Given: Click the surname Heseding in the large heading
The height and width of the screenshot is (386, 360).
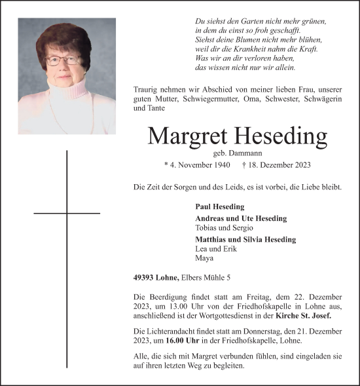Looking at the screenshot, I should pos(279,136).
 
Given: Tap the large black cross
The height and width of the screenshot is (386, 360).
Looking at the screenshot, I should pos(67,213).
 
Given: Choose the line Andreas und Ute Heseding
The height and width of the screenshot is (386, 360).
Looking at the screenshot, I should pos(241,218).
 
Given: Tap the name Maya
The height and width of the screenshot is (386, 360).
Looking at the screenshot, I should pos(204,258).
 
